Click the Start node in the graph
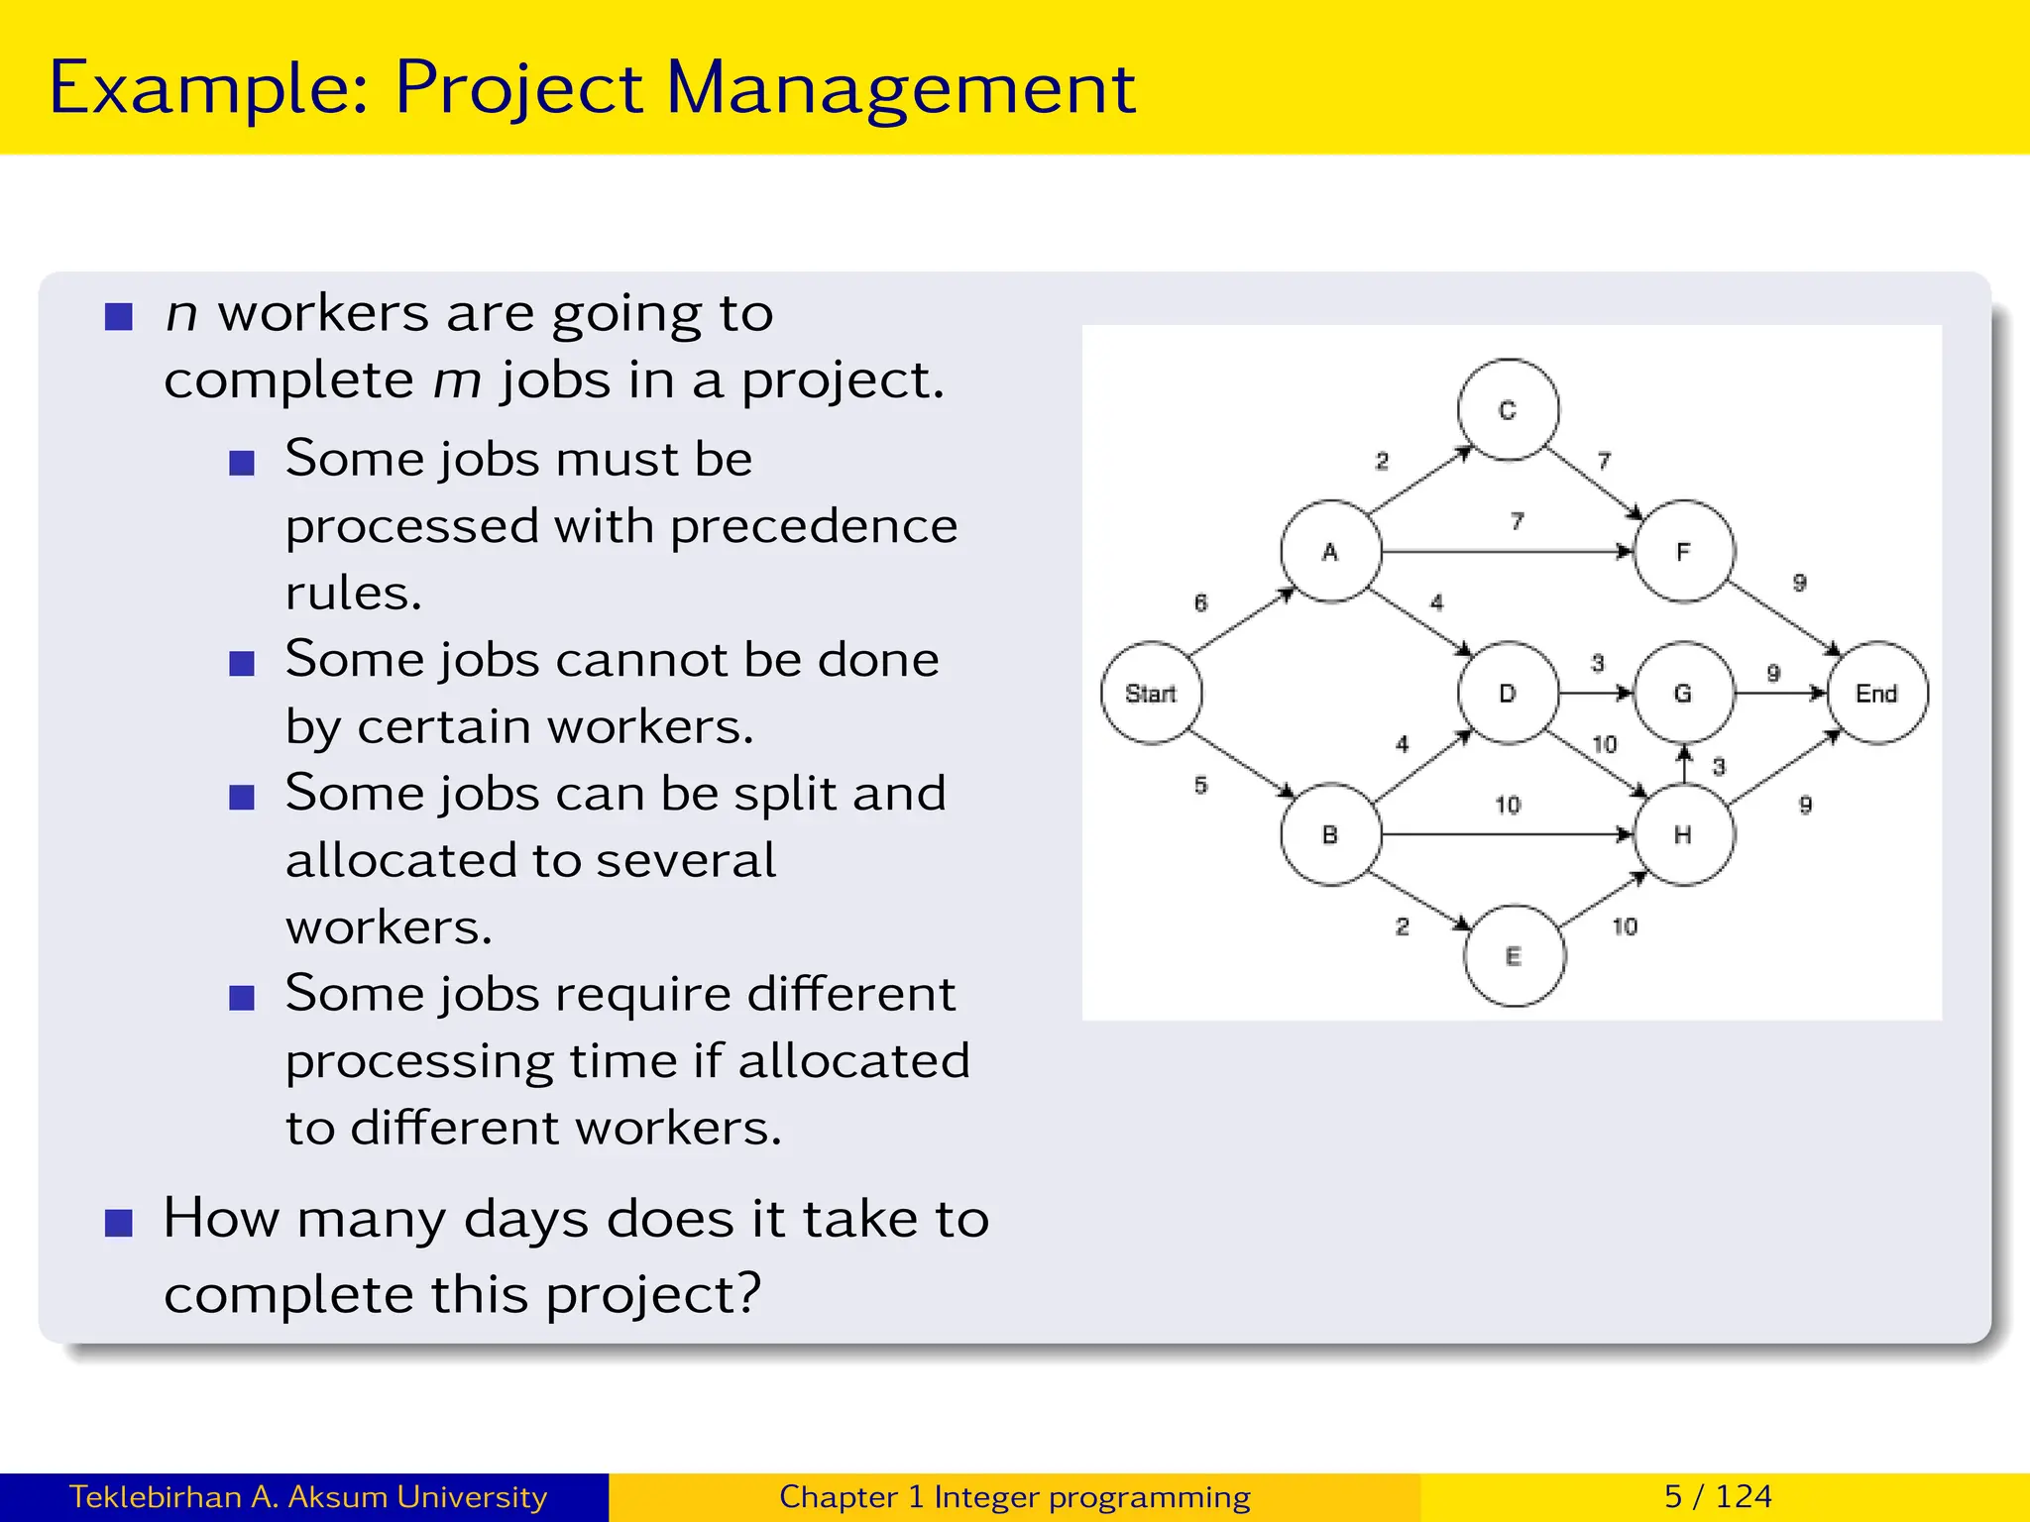click(1151, 693)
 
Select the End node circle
click(1876, 693)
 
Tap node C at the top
click(1508, 409)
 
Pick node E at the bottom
click(1514, 955)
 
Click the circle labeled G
click(1683, 693)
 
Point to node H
click(1683, 834)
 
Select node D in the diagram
click(1508, 693)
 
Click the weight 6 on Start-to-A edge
click(1201, 602)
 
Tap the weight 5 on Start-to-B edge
click(1201, 785)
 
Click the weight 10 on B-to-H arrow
click(1508, 805)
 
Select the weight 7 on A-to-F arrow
click(1517, 521)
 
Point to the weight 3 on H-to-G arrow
click(1719, 766)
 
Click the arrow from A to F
click(1507, 551)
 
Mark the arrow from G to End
click(1780, 693)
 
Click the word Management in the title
click(900, 89)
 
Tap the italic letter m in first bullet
click(457, 380)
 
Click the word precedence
click(813, 526)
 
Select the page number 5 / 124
click(1718, 1496)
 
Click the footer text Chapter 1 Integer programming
click(1014, 1496)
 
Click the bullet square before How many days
click(119, 1224)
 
